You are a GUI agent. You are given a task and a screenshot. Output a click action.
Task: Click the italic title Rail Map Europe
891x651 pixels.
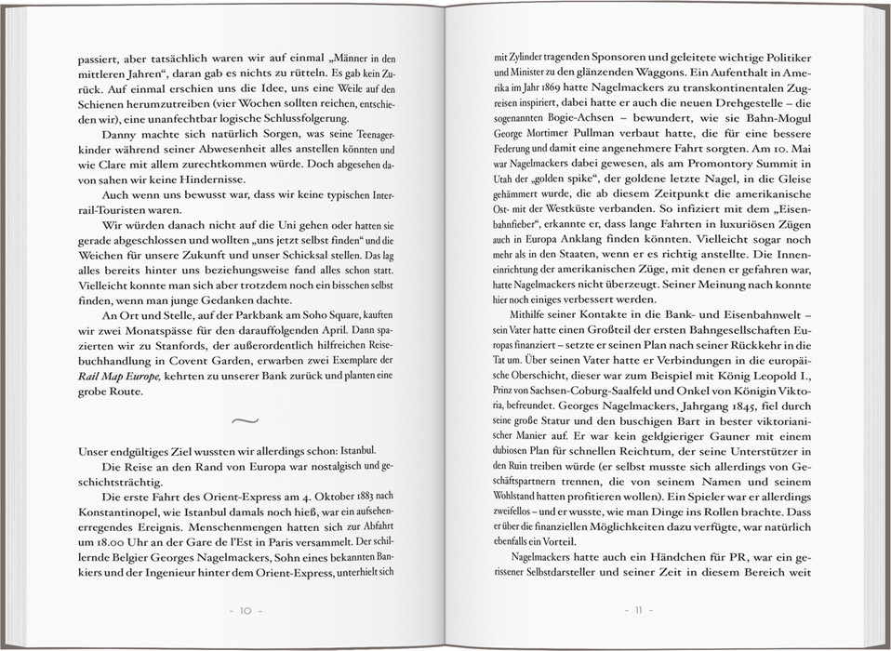(119, 375)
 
